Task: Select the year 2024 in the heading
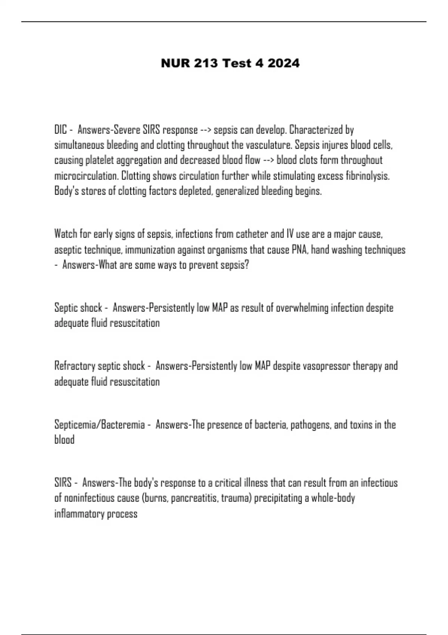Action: tap(283, 63)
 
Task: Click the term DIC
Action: tap(60, 130)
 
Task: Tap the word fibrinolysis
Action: tap(367, 176)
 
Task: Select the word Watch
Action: tap(66, 234)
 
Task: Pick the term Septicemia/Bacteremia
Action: tap(99, 425)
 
